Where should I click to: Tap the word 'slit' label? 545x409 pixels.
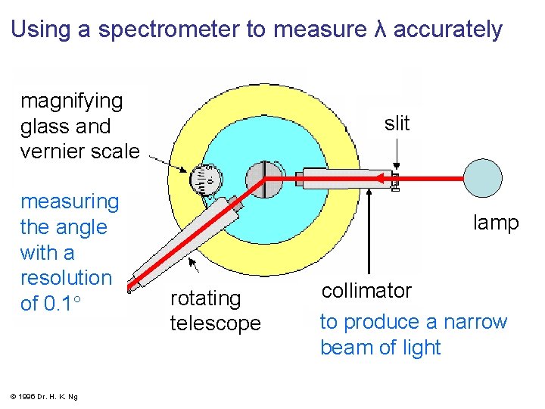(397, 123)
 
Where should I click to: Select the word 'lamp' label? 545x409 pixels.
(496, 223)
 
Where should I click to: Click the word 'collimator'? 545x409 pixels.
(366, 291)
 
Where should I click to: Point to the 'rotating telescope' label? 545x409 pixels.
(215, 311)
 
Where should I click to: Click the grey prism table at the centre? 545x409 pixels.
(264, 179)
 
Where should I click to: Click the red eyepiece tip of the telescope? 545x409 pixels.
(132, 287)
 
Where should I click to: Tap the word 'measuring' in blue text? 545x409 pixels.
(70, 201)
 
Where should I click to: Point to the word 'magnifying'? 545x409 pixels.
(71, 101)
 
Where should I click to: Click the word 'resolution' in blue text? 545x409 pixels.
(66, 278)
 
